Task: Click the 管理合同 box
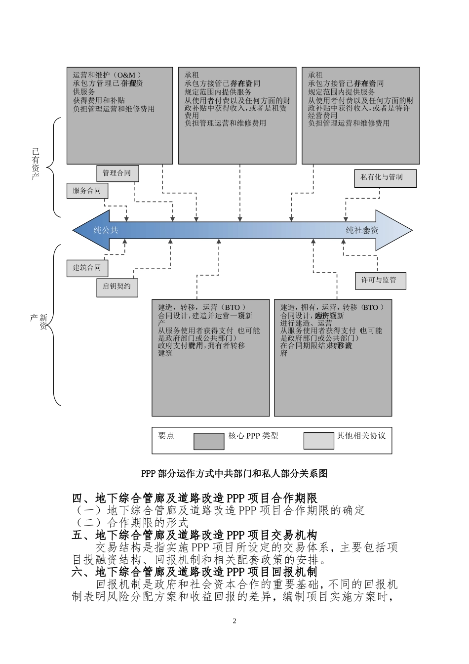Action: (117, 173)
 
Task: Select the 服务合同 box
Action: (87, 191)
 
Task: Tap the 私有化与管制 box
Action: (385, 178)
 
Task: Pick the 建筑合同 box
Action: (87, 268)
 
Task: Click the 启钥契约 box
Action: (117, 287)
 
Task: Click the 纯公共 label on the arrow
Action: (106, 230)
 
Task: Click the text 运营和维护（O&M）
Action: (106, 75)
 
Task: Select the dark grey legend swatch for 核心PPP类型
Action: (209, 441)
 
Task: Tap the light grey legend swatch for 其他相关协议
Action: (318, 441)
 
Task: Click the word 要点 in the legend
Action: (166, 436)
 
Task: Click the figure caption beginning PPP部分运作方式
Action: (234, 473)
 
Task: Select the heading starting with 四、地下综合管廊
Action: (195, 498)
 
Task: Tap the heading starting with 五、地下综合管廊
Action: (195, 535)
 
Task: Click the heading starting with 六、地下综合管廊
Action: (195, 573)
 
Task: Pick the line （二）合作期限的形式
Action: (131, 522)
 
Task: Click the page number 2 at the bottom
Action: (234, 621)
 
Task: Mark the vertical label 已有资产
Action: (35, 164)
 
